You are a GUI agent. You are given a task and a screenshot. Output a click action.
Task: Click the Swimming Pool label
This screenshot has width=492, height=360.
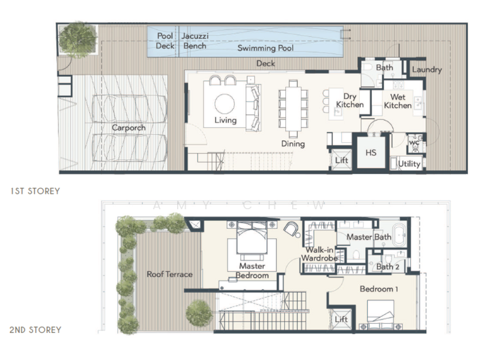pos(266,48)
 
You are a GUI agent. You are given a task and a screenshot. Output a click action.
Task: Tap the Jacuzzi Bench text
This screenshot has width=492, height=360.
pos(194,41)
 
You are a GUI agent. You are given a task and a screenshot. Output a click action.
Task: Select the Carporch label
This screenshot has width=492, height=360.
pos(129,127)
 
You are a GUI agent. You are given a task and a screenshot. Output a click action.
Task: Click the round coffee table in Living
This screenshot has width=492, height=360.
pos(225,103)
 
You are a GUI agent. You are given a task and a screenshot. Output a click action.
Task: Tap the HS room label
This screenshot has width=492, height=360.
pos(371,153)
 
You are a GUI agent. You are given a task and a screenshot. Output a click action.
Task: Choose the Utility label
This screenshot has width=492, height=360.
pos(409,164)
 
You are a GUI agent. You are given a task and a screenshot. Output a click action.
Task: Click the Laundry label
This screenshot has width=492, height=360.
pos(426,70)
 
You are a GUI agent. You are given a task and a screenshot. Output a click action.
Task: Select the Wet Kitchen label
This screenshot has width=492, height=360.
pos(398,101)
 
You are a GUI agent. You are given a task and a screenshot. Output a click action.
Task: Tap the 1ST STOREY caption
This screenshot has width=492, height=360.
pos(35,191)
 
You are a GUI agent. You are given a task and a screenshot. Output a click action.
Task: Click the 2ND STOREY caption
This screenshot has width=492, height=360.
pos(35,330)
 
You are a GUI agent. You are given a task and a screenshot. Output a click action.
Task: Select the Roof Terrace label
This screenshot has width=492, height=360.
pos(169,274)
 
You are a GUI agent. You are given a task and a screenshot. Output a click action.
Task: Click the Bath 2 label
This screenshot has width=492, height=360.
pos(388,266)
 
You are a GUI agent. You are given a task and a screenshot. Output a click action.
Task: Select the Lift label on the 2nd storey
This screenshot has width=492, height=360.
pos(341,319)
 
